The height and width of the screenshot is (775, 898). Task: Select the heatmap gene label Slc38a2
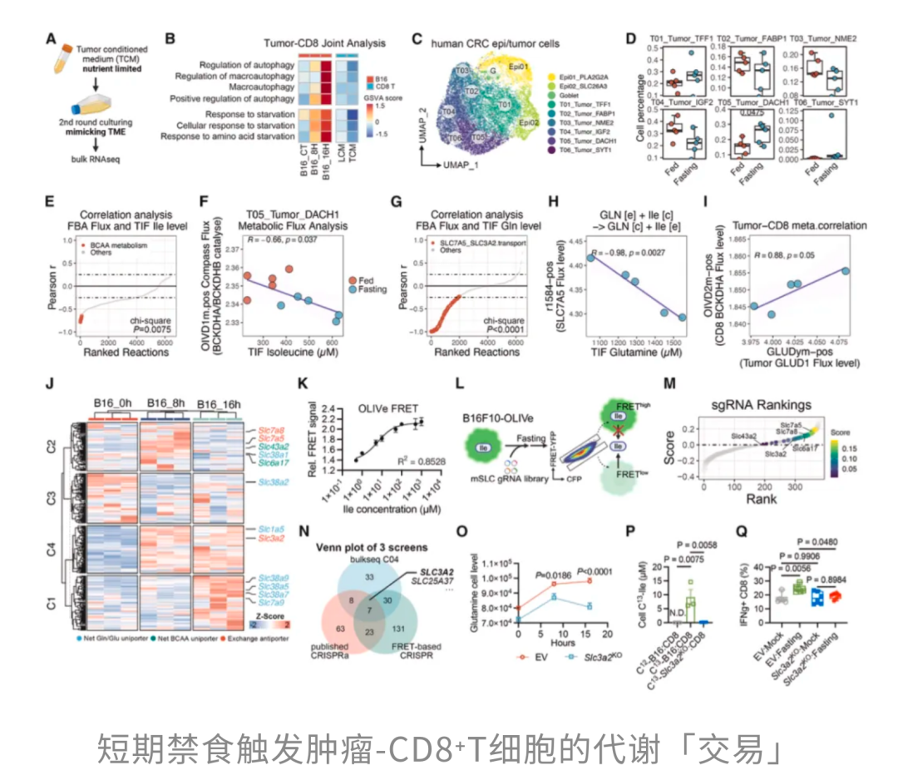tap(274, 482)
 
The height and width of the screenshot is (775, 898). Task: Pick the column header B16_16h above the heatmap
tap(218, 404)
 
